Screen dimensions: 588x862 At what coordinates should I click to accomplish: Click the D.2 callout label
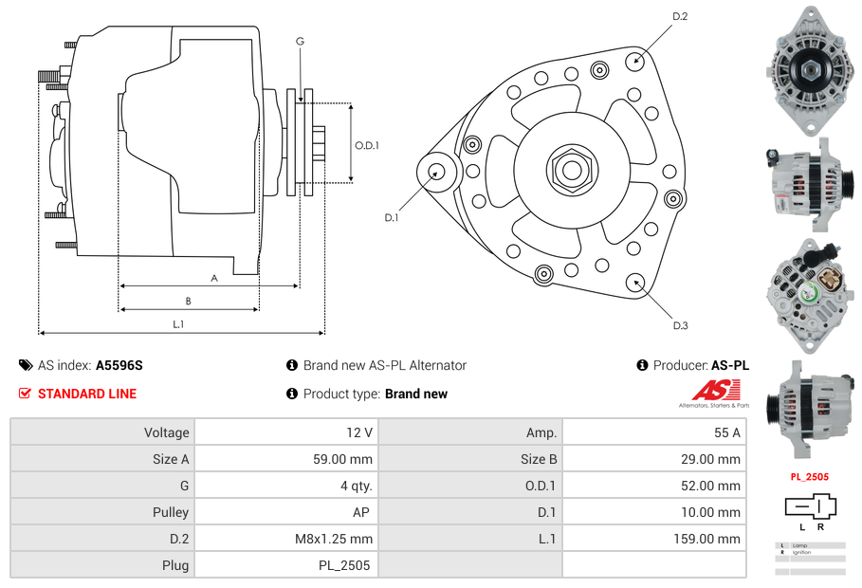pos(680,16)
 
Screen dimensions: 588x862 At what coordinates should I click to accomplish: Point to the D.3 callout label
pos(680,325)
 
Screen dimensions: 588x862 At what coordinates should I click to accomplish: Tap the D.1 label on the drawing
pos(391,217)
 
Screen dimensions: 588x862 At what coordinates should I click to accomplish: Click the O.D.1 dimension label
pos(367,145)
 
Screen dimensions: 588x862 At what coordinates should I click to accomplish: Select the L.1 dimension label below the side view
pos(178,324)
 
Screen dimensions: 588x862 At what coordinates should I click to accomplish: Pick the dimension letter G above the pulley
pos(300,41)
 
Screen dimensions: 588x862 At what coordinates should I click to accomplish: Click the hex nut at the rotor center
pos(571,170)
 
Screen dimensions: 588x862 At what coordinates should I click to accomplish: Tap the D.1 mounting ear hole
pos(437,172)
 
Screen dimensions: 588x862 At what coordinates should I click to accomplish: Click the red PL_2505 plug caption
pos(810,477)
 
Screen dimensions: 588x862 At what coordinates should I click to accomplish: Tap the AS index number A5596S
pos(119,365)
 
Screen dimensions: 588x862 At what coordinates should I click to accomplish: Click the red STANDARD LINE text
pos(87,394)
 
